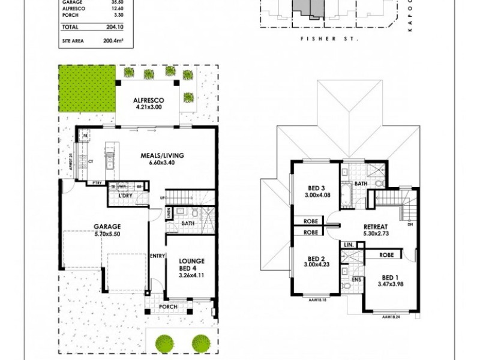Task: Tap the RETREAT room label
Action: point(377,227)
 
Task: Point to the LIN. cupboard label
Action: point(349,245)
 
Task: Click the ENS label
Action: point(356,280)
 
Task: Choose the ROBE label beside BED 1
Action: point(386,256)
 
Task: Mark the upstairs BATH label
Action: point(361,184)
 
